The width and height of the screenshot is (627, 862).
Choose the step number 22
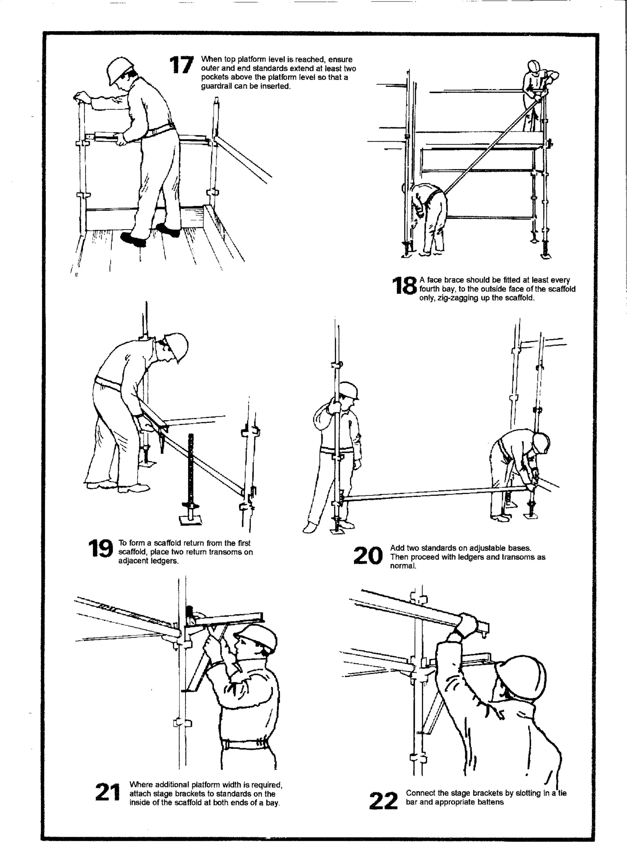coord(383,801)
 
